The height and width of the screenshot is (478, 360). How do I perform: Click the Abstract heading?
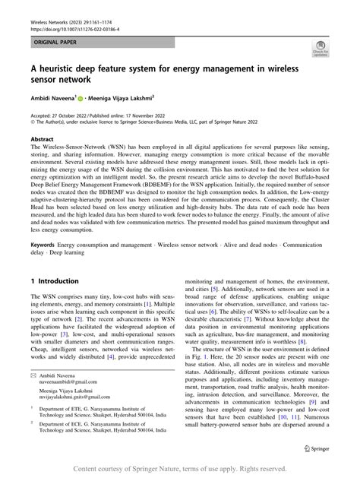coord(42,140)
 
